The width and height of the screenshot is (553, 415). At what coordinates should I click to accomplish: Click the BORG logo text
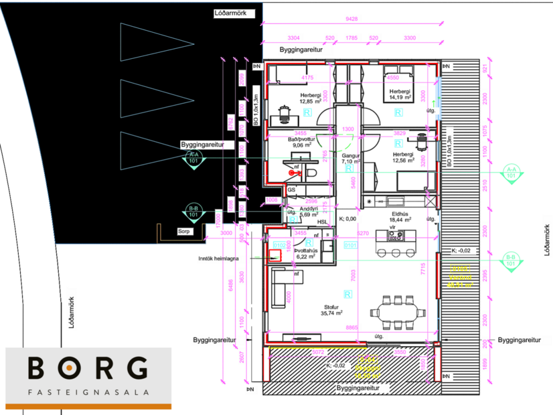click(88, 368)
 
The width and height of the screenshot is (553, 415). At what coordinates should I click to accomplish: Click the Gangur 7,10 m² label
click(351, 159)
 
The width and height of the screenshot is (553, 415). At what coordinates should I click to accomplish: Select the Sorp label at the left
click(184, 232)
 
